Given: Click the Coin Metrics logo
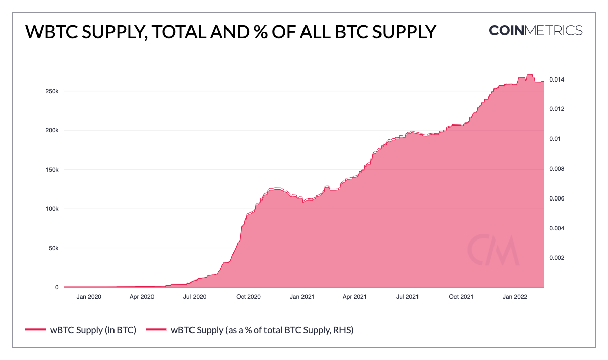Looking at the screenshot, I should point(536,30).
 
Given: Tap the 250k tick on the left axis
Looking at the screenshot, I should point(52,91).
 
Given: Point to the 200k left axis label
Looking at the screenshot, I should point(52,130).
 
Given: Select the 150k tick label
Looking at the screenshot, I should point(52,170).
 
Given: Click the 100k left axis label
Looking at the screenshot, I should point(52,209).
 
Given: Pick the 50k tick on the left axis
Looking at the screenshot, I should point(54,248).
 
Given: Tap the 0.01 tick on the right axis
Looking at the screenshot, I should point(556,139).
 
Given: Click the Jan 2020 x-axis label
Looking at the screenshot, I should point(88,297).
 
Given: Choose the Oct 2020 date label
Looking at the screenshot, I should point(248,297).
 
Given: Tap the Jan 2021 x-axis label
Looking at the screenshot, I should point(302,297).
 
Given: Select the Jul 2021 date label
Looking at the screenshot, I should point(407,297).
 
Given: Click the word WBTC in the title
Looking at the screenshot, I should point(49,31).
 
